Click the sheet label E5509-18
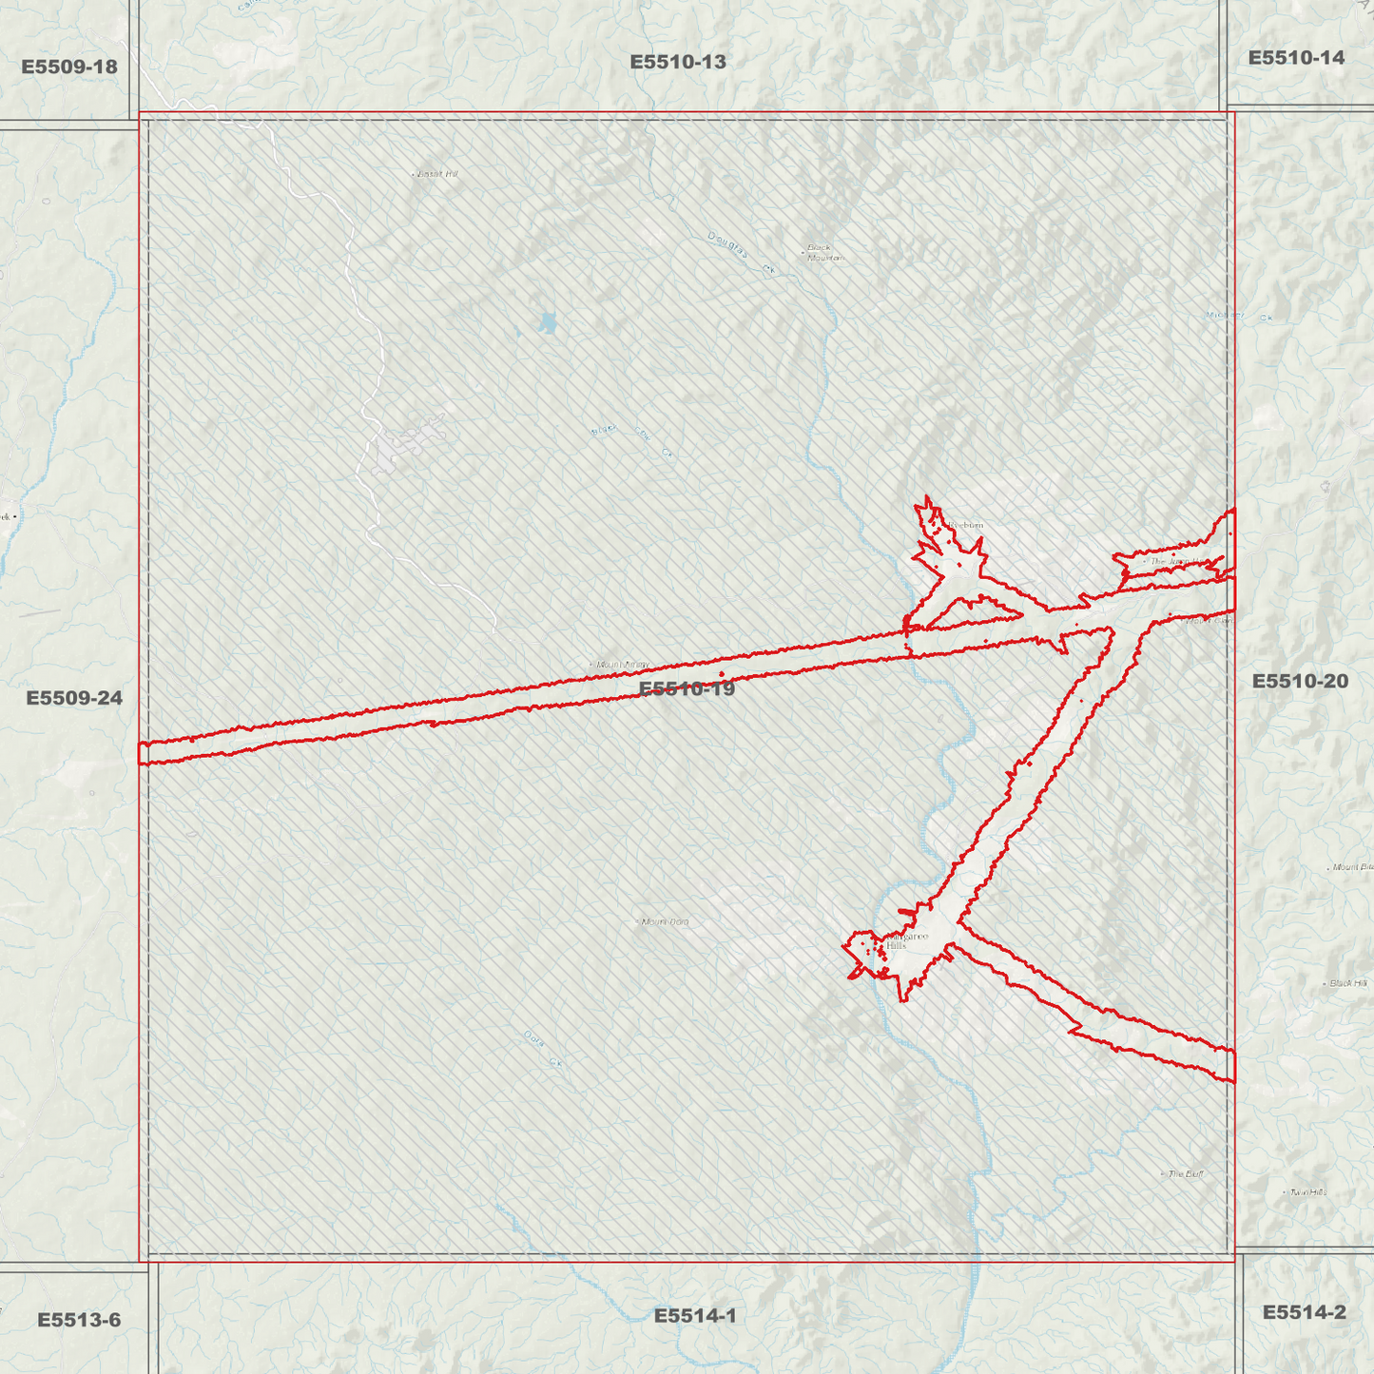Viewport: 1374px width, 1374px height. point(69,67)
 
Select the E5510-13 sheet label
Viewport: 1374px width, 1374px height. point(678,62)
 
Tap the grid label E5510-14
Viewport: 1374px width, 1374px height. point(1296,58)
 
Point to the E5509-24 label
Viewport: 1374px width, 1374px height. point(74,698)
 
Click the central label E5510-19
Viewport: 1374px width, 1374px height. point(687,688)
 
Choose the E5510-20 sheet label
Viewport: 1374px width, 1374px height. point(1300,681)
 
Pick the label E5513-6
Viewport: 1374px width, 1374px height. point(79,1320)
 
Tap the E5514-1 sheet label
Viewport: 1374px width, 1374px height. point(695,1316)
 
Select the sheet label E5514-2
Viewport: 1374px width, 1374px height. point(1304,1312)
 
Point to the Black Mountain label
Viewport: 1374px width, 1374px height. point(824,253)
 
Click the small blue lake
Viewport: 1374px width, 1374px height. point(547,323)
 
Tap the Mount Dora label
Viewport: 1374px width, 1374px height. point(665,921)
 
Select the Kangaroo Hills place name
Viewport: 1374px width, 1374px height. point(904,940)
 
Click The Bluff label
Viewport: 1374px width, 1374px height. point(1185,1174)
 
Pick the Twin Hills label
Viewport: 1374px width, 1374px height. point(1308,1192)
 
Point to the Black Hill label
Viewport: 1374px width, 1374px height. point(1348,983)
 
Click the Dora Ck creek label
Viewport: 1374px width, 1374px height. point(543,1049)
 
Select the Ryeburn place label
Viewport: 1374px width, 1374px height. point(965,525)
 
